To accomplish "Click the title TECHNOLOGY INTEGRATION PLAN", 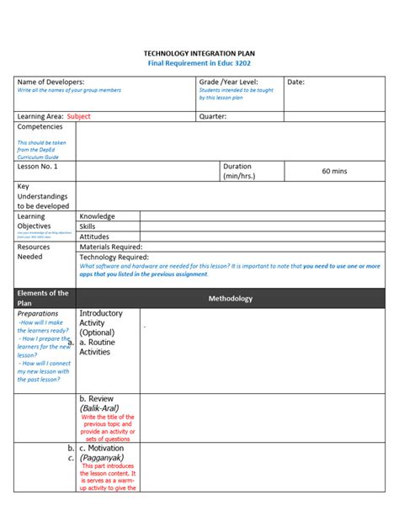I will click(199, 52).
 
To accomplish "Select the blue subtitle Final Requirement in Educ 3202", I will click(199, 63).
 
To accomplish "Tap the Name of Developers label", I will click(51, 82).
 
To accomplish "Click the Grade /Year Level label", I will click(227, 82).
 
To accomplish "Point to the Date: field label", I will click(296, 82).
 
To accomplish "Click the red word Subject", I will click(78, 116).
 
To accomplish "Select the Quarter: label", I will click(213, 116).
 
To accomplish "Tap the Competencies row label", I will click(40, 126).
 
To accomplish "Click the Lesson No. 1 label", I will click(38, 167).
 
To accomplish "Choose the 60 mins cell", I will click(334, 171).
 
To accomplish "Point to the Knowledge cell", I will click(97, 216).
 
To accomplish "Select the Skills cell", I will click(88, 226).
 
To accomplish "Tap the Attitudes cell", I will click(94, 237).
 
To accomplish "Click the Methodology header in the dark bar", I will click(230, 298).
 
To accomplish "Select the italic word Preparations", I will click(38, 313).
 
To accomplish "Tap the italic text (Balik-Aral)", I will click(99, 408).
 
